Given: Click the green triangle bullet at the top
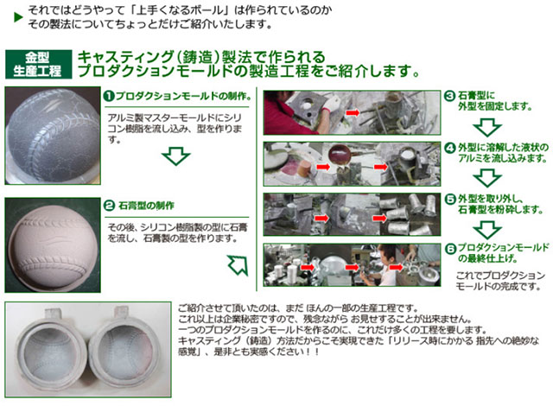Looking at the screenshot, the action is click(x=18, y=17).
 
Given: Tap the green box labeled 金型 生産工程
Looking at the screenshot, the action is click(x=38, y=64).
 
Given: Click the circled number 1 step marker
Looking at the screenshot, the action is click(x=110, y=96).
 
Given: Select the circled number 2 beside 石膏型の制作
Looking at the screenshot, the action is click(x=110, y=206).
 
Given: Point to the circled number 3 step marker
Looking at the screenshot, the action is click(x=449, y=96).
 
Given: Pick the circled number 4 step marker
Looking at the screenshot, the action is click(x=449, y=148).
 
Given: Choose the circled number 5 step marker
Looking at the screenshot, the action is click(x=449, y=200).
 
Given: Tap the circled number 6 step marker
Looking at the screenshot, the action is click(x=449, y=249).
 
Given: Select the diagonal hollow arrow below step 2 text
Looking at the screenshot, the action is click(x=238, y=265).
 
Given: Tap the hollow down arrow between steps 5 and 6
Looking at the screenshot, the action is click(x=487, y=230).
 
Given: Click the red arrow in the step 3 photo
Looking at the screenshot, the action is click(x=353, y=113).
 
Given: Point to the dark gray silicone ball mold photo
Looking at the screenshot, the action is click(x=53, y=136).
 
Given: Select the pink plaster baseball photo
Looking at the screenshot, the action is click(x=53, y=245).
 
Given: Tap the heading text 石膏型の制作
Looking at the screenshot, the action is click(x=146, y=206).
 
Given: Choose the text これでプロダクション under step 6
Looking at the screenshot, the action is click(x=500, y=276).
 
